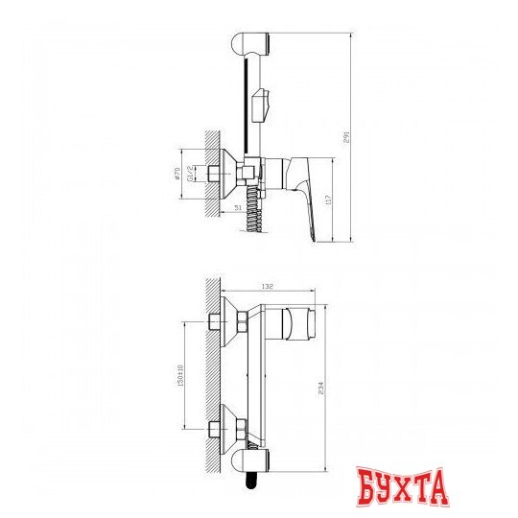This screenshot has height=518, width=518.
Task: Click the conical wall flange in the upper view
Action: (227, 172)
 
